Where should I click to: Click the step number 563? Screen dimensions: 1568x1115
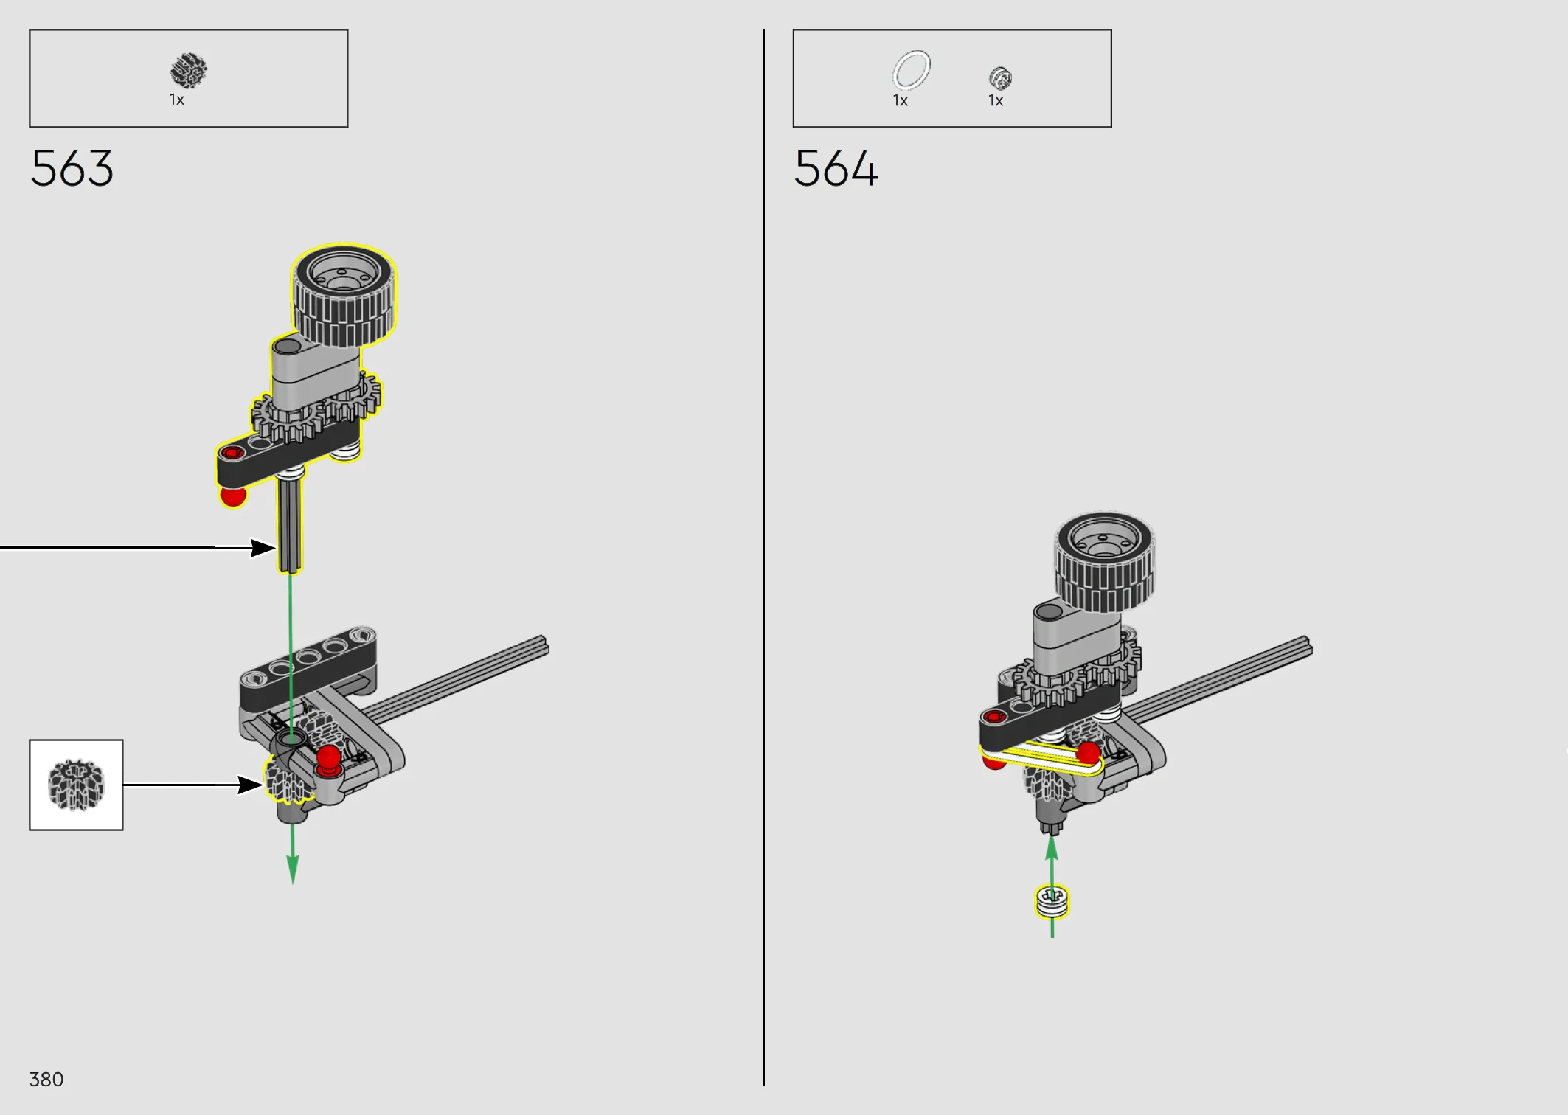point(72,168)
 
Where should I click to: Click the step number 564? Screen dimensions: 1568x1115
point(836,168)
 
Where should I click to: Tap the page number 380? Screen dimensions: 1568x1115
point(46,1079)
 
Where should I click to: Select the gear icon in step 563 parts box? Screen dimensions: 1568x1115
point(189,71)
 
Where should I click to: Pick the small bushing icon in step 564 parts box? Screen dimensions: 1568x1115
point(1000,77)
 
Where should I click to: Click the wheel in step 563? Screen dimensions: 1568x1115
point(344,295)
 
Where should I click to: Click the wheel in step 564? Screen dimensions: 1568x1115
point(1104,562)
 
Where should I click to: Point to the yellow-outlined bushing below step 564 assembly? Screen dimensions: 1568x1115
point(1052,902)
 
